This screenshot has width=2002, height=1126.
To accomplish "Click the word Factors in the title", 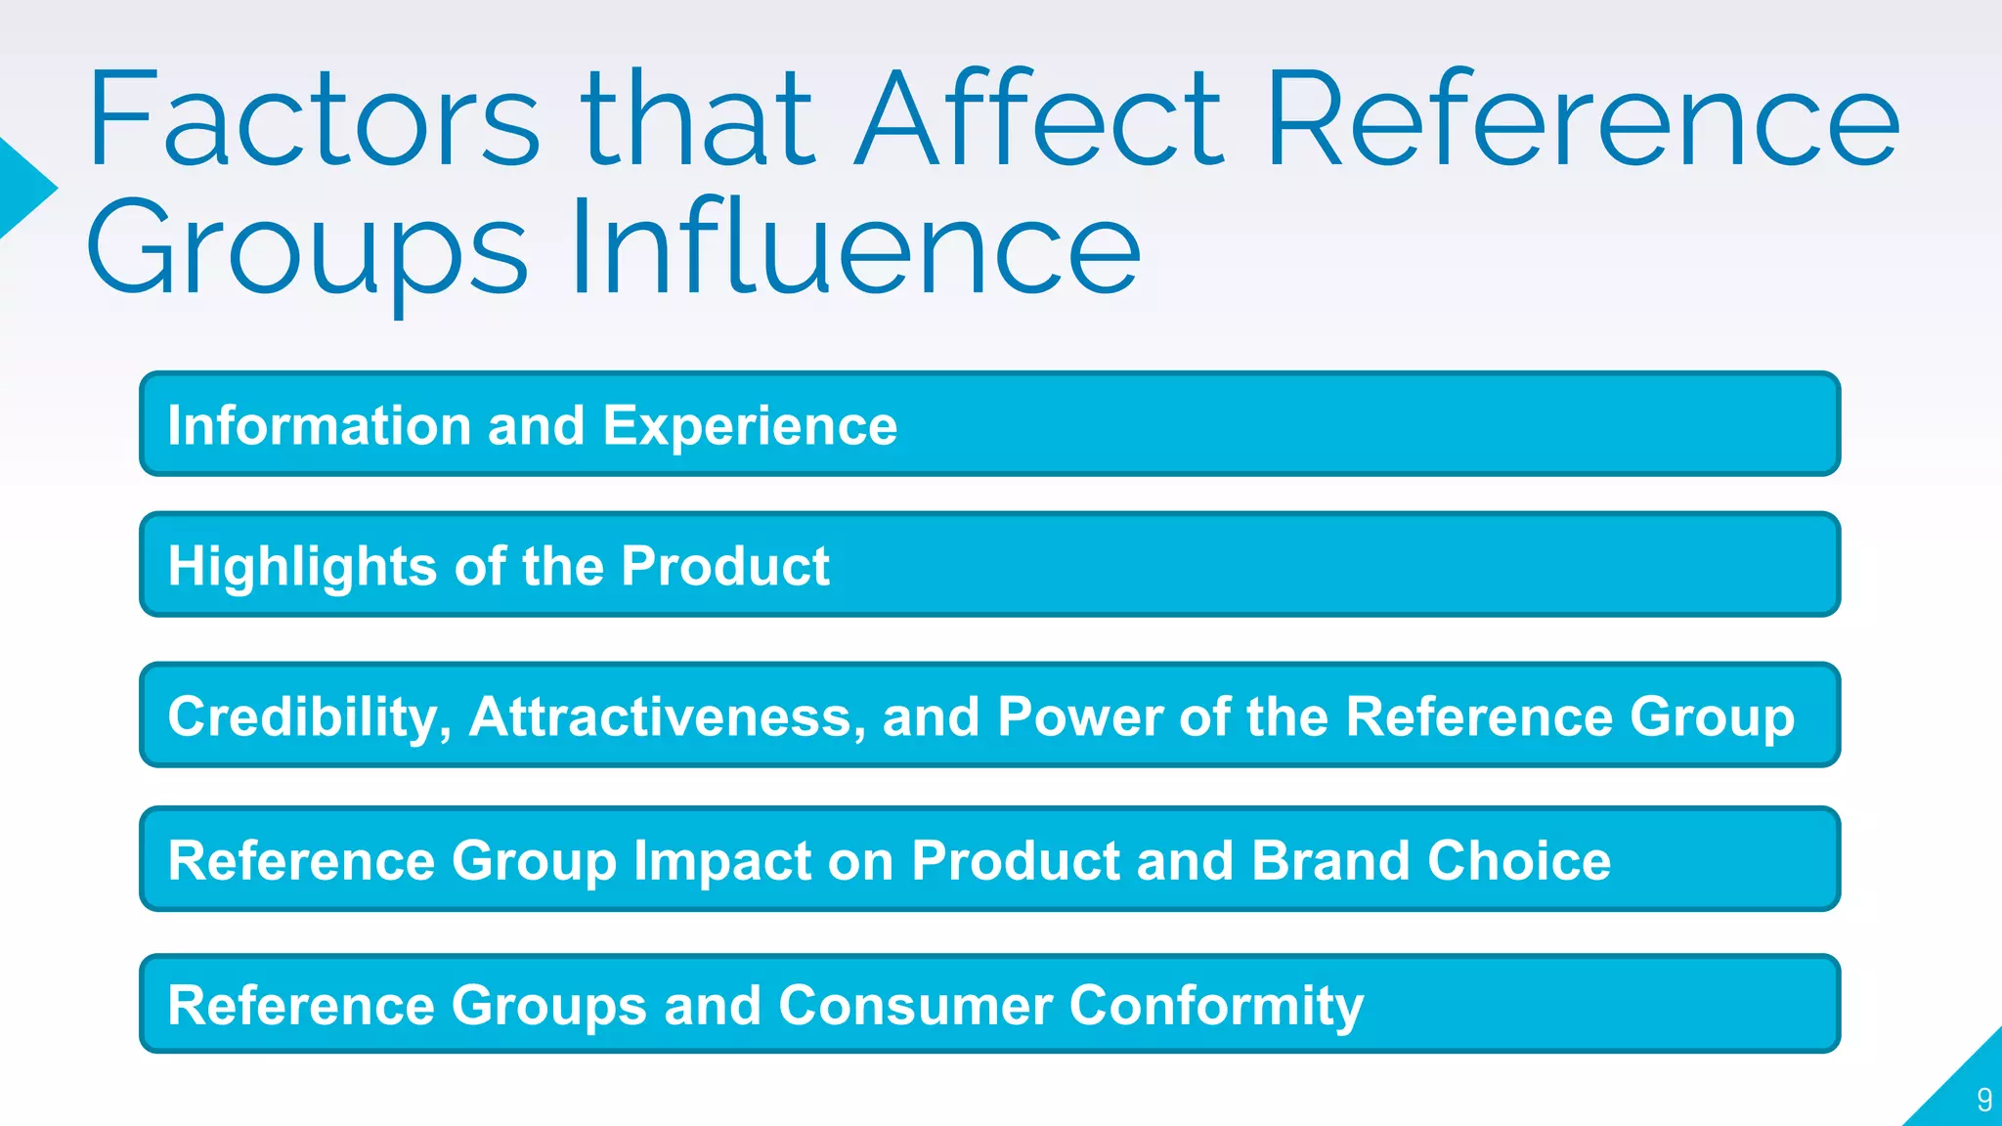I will click(x=313, y=119).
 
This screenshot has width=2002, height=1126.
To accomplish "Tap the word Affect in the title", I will click(x=1039, y=119).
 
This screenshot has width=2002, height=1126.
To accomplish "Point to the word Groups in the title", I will click(x=307, y=250).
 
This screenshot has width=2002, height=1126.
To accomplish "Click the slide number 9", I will click(x=1983, y=1100).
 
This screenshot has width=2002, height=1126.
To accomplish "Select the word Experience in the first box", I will click(x=750, y=426).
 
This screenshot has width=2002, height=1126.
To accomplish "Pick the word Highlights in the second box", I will click(x=302, y=567).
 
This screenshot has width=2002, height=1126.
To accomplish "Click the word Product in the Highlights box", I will click(x=724, y=567).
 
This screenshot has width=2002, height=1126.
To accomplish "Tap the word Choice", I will click(x=1519, y=861).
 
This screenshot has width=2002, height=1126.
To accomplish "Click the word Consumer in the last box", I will click(x=915, y=1006).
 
